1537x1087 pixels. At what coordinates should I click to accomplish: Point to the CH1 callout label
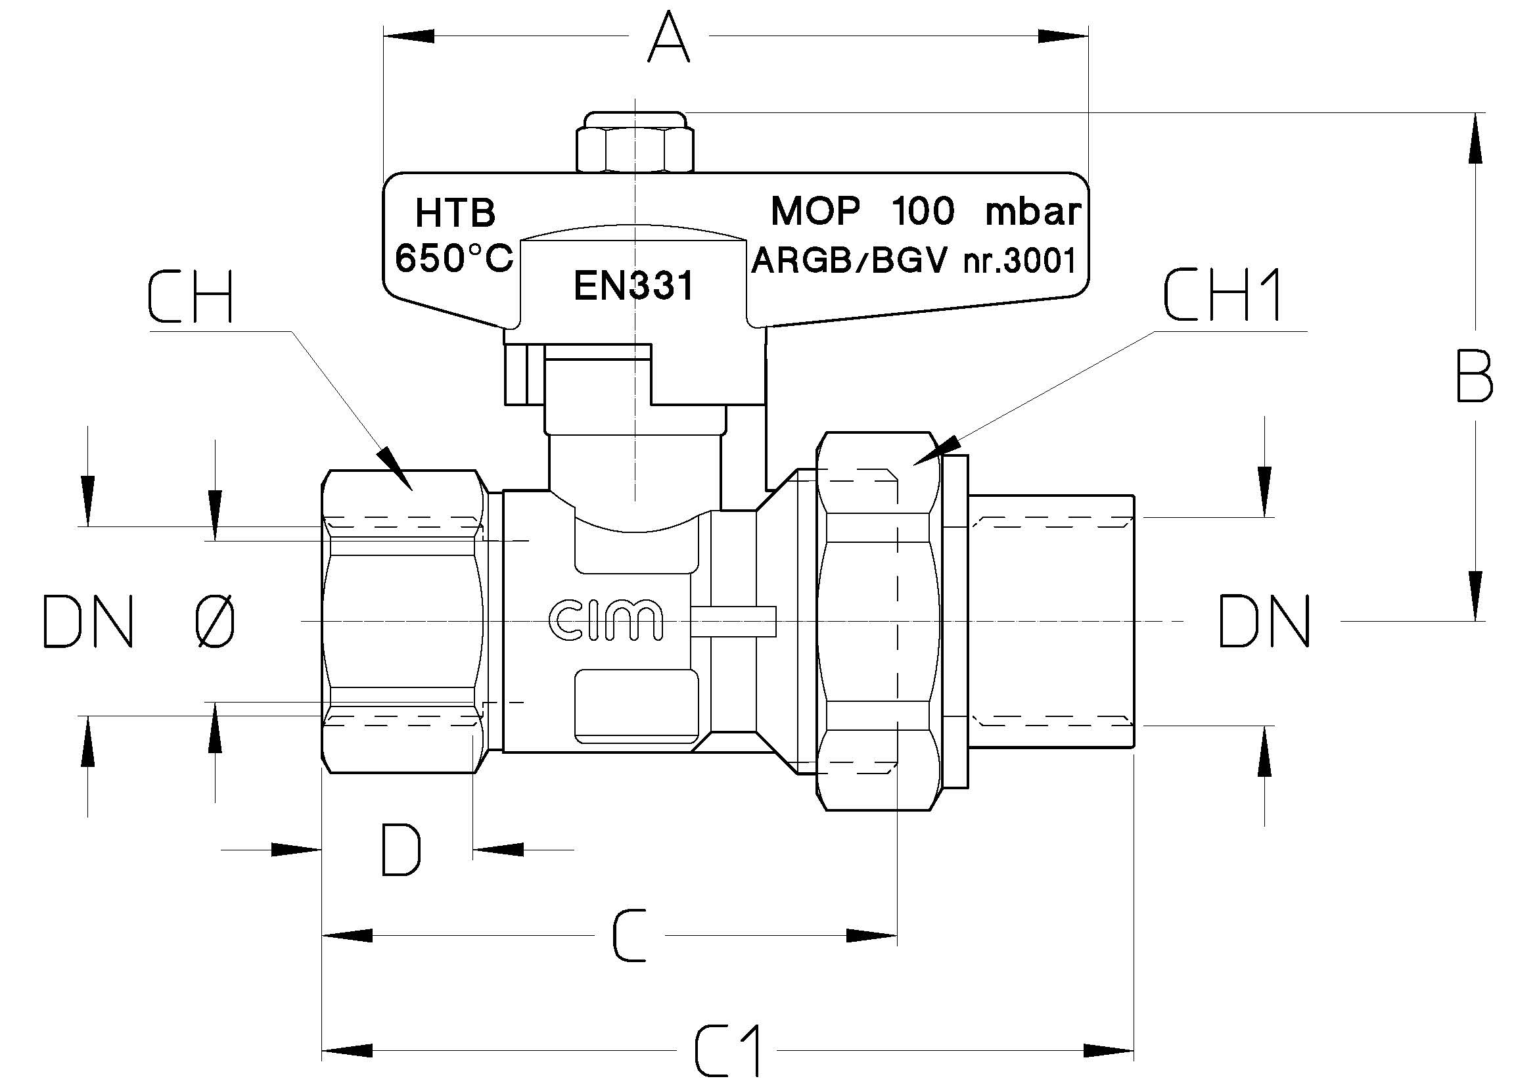(x=1222, y=295)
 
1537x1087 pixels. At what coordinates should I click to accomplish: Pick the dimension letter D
(x=400, y=850)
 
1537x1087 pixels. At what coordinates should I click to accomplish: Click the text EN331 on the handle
(x=634, y=286)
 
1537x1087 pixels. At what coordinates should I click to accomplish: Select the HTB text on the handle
(x=455, y=214)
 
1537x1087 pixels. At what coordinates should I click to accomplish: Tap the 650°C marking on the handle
(x=454, y=258)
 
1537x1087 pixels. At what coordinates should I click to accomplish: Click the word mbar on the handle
(x=1033, y=212)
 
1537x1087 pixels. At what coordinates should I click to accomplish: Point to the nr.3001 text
(x=1020, y=260)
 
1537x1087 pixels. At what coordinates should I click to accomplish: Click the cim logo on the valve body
(x=606, y=620)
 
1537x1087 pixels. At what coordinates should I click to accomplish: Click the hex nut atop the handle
(x=635, y=142)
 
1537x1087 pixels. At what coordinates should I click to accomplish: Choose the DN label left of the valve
(x=87, y=622)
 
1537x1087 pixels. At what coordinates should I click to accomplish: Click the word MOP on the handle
(x=815, y=212)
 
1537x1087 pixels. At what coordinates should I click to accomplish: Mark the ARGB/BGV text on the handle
(x=849, y=260)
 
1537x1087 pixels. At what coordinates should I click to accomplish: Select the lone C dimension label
(x=630, y=935)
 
